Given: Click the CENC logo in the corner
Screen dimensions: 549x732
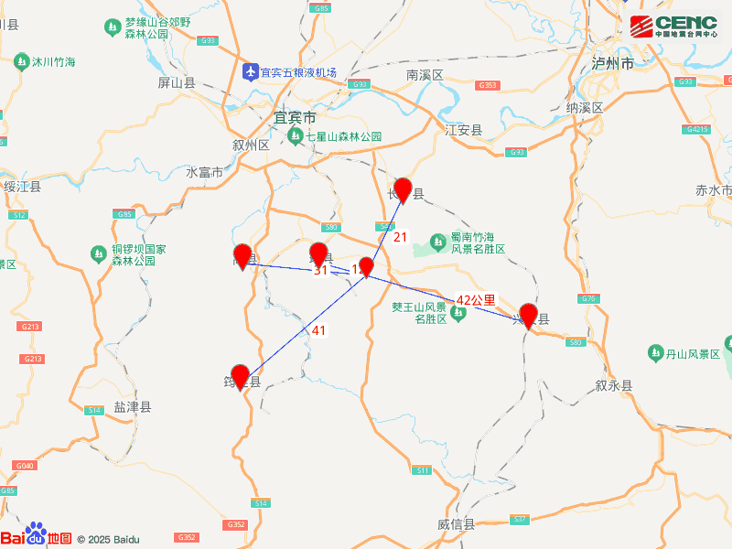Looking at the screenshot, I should (x=673, y=25).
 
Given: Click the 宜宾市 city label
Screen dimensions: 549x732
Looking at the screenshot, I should (x=295, y=118).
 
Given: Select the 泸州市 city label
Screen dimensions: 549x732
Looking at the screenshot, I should (x=612, y=64).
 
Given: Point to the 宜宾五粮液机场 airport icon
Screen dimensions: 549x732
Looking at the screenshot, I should (x=250, y=72).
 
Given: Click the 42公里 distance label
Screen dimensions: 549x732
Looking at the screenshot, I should (x=476, y=299).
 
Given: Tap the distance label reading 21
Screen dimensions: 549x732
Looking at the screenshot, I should (x=400, y=237).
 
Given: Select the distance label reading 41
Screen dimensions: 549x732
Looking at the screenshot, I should (x=318, y=330).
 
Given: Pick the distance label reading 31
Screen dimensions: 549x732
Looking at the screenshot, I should (x=320, y=271).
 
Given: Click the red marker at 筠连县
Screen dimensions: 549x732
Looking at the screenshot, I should (x=241, y=376).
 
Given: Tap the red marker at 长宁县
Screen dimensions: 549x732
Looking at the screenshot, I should (x=403, y=189).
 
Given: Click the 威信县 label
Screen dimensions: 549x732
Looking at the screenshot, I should (x=456, y=524).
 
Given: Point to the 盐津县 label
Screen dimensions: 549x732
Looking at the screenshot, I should (x=133, y=407).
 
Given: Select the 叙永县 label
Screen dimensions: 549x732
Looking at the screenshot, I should (x=613, y=386).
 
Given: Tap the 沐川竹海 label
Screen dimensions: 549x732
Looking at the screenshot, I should (x=53, y=63).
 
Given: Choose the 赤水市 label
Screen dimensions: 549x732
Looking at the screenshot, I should (x=713, y=191).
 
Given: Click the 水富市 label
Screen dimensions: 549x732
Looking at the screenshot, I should (x=204, y=173).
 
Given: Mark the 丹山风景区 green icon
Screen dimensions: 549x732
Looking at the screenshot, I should (x=656, y=352).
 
